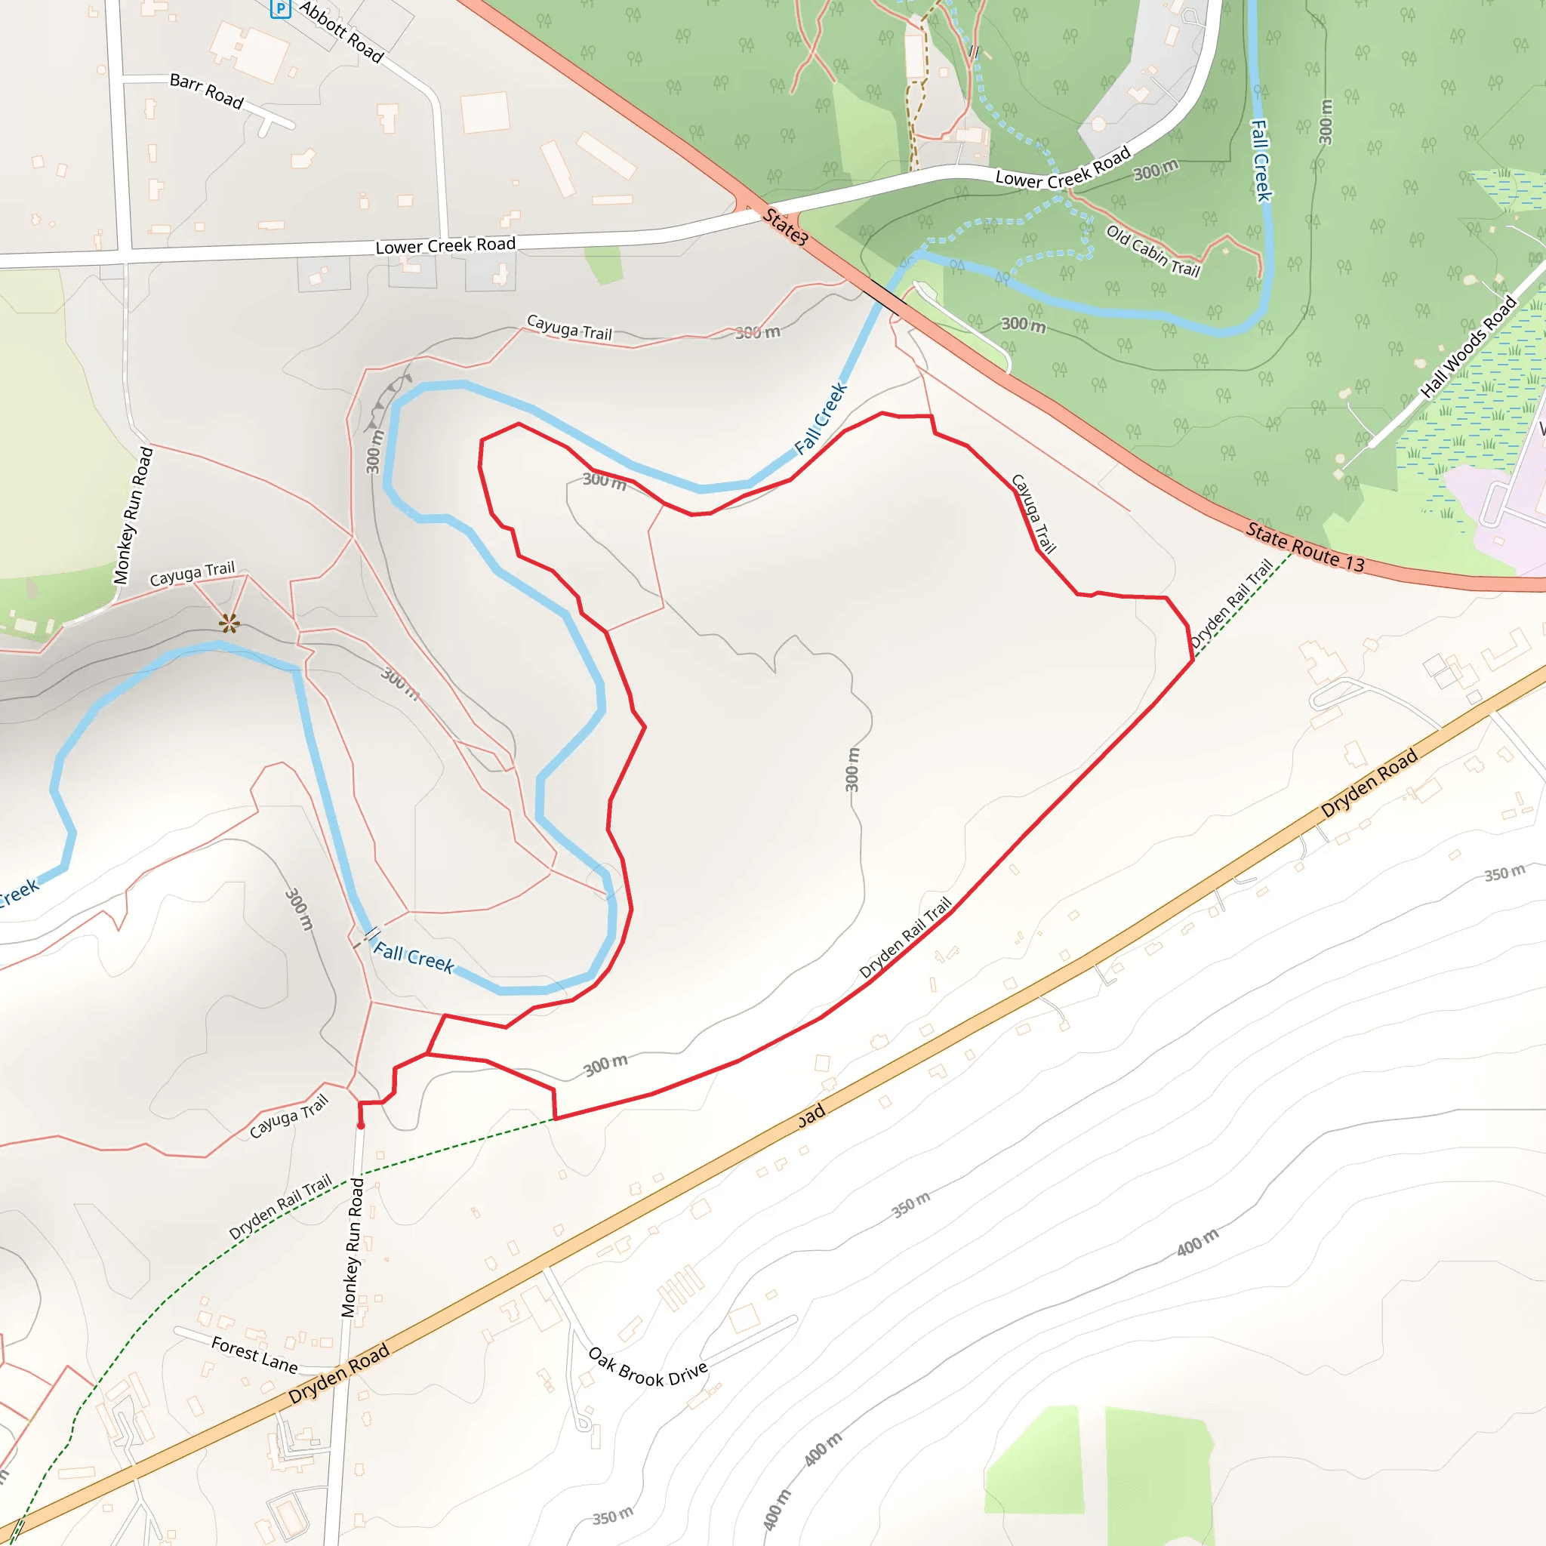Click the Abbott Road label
[342, 31]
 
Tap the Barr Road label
[206, 91]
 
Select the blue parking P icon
[280, 10]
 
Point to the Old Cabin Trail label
[1153, 251]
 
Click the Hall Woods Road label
[1468, 346]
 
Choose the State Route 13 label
[1305, 548]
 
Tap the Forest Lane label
[254, 1354]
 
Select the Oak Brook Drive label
[648, 1368]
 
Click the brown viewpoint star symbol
[229, 623]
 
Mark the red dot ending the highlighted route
[361, 1125]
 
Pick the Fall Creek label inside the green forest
[1261, 160]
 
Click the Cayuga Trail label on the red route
[1033, 513]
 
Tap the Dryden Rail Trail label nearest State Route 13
[1230, 604]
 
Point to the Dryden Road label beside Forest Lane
[338, 1373]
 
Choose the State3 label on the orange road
[785, 226]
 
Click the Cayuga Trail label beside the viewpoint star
[192, 573]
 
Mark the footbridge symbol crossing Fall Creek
[371, 933]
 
